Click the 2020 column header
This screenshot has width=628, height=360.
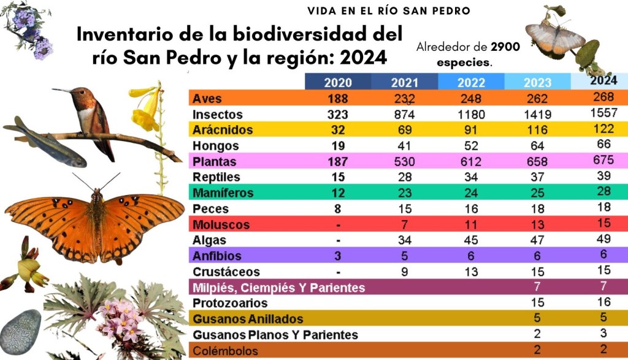[338, 82]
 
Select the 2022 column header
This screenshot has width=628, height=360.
[472, 82]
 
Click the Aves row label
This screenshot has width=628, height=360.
[207, 99]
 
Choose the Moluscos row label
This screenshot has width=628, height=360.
[213, 224]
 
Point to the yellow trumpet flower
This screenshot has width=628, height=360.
[146, 108]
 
